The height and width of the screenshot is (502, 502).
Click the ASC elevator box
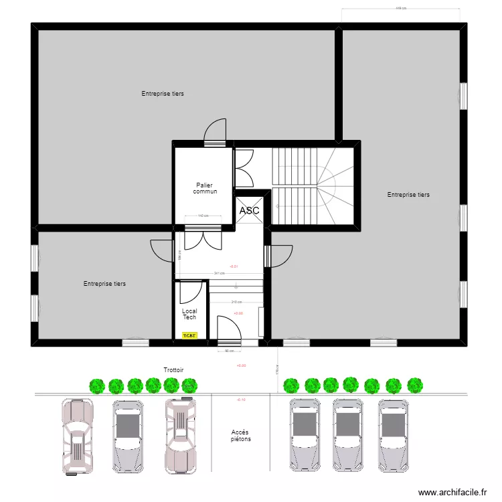249,210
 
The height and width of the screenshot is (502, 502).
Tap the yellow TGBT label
190,335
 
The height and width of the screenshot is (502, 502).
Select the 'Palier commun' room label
205,188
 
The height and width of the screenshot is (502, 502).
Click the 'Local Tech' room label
189,314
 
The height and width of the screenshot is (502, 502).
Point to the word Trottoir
173,370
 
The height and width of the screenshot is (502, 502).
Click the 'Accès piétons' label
241,436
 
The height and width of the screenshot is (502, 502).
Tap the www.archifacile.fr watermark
452,493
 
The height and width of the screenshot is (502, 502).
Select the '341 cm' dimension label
219,273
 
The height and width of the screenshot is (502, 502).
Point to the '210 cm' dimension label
236,302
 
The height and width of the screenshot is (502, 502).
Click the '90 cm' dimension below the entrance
228,351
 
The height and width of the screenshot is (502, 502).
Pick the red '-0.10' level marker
241,400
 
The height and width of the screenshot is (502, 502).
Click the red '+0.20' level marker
241,365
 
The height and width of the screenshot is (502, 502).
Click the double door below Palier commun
203,238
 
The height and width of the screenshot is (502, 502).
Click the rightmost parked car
393,435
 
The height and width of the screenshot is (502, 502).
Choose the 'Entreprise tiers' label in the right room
408,195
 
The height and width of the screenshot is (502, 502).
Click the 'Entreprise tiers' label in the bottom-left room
104,284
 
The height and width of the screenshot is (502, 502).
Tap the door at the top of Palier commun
216,131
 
